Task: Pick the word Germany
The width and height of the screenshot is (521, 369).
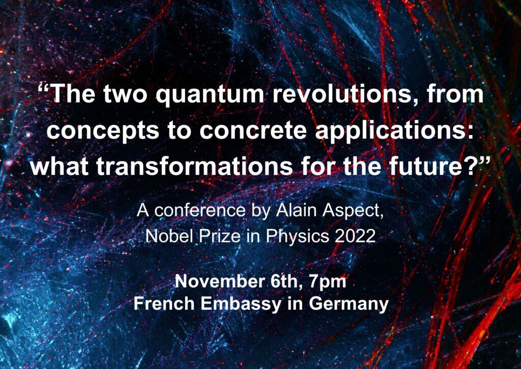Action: [349, 304]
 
